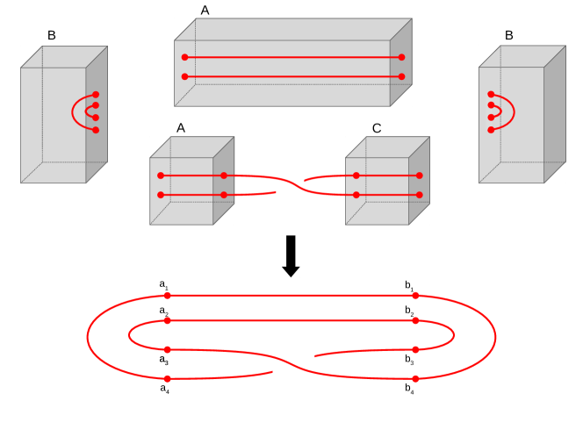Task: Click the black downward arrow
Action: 291,255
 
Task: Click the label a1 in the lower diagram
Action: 164,284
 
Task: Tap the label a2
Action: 164,311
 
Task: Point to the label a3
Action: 164,359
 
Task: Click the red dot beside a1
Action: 167,296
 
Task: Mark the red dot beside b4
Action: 415,378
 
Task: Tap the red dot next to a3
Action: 167,349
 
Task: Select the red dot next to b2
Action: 415,320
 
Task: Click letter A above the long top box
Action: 205,11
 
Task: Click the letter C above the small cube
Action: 377,128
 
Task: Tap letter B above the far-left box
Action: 52,36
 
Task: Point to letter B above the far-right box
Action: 509,36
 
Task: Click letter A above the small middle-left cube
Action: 181,127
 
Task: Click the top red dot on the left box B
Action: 96,95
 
